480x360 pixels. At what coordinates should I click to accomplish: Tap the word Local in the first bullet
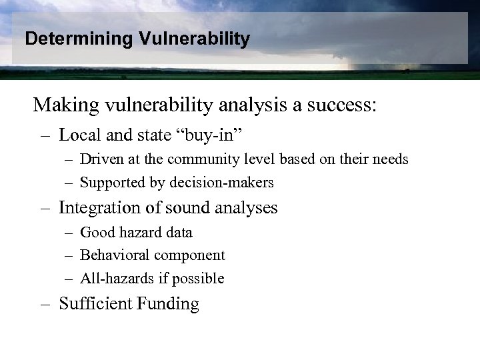(79, 135)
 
